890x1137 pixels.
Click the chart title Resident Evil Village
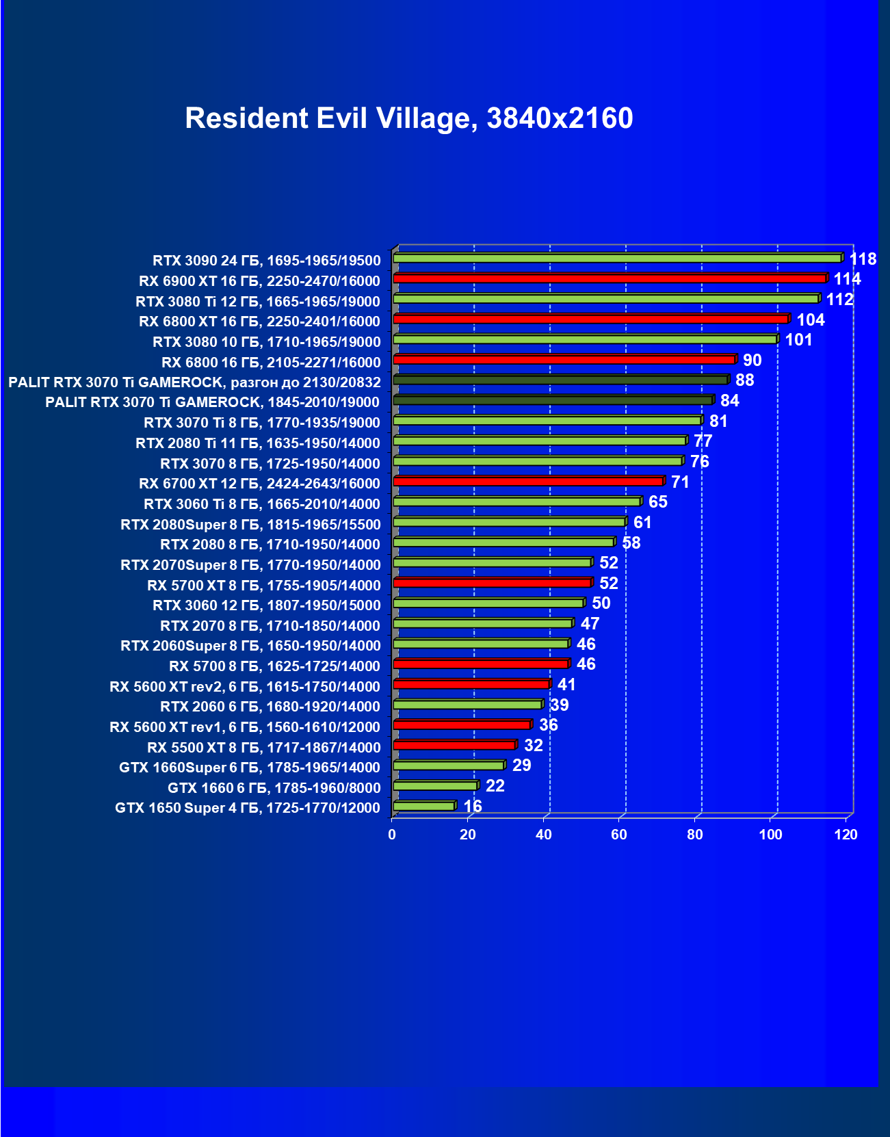pyautogui.click(x=408, y=118)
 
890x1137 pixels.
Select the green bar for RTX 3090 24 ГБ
pyautogui.click(x=617, y=258)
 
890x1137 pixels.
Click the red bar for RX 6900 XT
pyautogui.click(x=610, y=278)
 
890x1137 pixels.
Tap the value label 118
pyautogui.click(x=863, y=259)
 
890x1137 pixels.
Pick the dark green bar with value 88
pyautogui.click(x=561, y=380)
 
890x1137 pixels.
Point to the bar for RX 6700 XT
pyautogui.click(x=528, y=482)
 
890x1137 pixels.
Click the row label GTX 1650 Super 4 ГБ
pyautogui.click(x=248, y=808)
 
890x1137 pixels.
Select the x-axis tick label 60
pyautogui.click(x=619, y=835)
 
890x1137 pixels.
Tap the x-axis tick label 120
pyautogui.click(x=846, y=835)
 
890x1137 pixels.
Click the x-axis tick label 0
pyautogui.click(x=392, y=835)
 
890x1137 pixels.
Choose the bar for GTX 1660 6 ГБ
pyautogui.click(x=436, y=785)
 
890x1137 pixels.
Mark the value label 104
pyautogui.click(x=811, y=319)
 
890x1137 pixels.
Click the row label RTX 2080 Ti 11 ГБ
pyautogui.click(x=258, y=443)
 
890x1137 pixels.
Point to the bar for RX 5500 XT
pyautogui.click(x=454, y=745)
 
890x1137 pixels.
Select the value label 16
pyautogui.click(x=473, y=807)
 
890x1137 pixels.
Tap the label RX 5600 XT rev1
pyautogui.click(x=245, y=727)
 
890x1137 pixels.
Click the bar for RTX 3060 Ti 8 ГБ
pyautogui.click(x=517, y=501)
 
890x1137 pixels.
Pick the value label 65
pyautogui.click(x=657, y=502)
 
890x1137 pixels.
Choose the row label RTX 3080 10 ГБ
pyautogui.click(x=267, y=342)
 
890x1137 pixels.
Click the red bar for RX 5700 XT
pyautogui.click(x=493, y=583)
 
